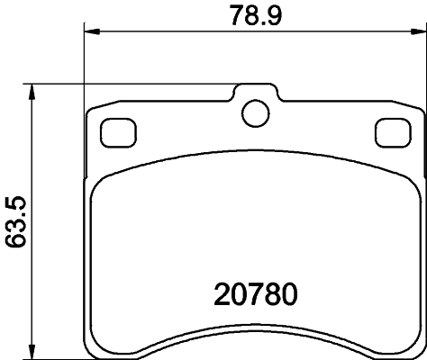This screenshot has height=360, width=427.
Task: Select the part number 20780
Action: tap(256, 294)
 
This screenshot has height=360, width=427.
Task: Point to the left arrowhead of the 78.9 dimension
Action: tap(90, 33)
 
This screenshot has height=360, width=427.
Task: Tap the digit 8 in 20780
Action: tap(267, 294)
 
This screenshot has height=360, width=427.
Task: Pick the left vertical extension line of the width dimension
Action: tap(84, 63)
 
